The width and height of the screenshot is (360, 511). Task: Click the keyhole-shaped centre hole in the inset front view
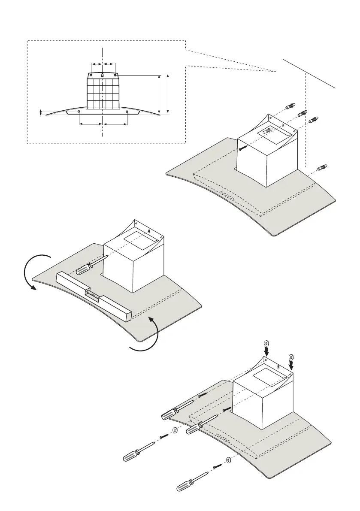[103, 75]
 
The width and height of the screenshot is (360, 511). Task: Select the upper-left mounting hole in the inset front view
[91, 75]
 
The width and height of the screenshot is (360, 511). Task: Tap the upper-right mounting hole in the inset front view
[115, 75]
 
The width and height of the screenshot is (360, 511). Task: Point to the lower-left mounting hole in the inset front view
[80, 112]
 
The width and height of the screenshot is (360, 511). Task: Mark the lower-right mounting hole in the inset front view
[127, 112]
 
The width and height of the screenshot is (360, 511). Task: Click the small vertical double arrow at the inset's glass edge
[41, 112]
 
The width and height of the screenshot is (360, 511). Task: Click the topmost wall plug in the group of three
[290, 106]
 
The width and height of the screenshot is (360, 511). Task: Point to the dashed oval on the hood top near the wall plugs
[268, 130]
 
